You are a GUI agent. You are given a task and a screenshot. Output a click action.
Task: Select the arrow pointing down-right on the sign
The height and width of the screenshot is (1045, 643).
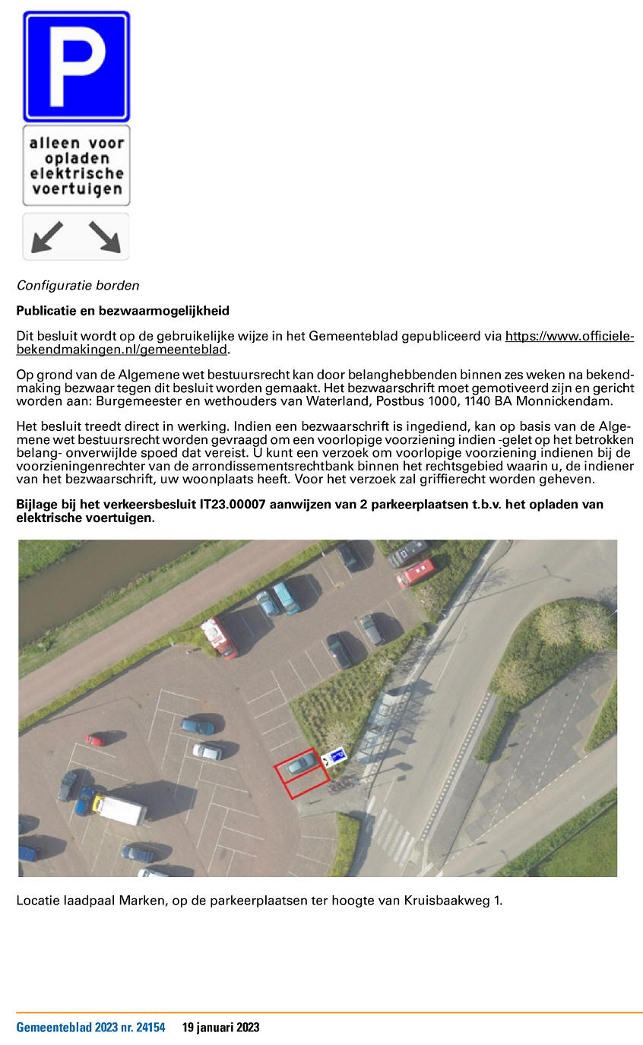coord(105,236)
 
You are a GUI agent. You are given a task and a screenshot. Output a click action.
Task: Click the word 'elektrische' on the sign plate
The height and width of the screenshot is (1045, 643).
coord(76,173)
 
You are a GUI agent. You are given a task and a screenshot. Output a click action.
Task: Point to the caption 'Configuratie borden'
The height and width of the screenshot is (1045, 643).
coord(78,286)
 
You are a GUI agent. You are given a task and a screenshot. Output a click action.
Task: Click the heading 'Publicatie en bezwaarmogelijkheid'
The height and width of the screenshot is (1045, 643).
coord(122,311)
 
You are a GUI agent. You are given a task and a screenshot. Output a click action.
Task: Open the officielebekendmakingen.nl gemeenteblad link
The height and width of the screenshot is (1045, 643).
coord(569,336)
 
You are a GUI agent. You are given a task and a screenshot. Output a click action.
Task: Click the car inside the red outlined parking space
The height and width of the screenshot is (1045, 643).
coord(301,764)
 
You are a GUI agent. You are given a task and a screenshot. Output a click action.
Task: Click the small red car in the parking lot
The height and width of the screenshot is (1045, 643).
coord(97,739)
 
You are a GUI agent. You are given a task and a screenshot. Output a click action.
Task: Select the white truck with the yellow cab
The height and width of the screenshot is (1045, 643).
coord(120,809)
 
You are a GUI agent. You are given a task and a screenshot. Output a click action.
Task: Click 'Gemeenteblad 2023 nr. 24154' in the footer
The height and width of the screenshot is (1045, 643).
coord(90,1028)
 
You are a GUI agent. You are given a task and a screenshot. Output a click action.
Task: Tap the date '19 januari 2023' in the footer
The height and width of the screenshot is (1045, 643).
coord(220,1028)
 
